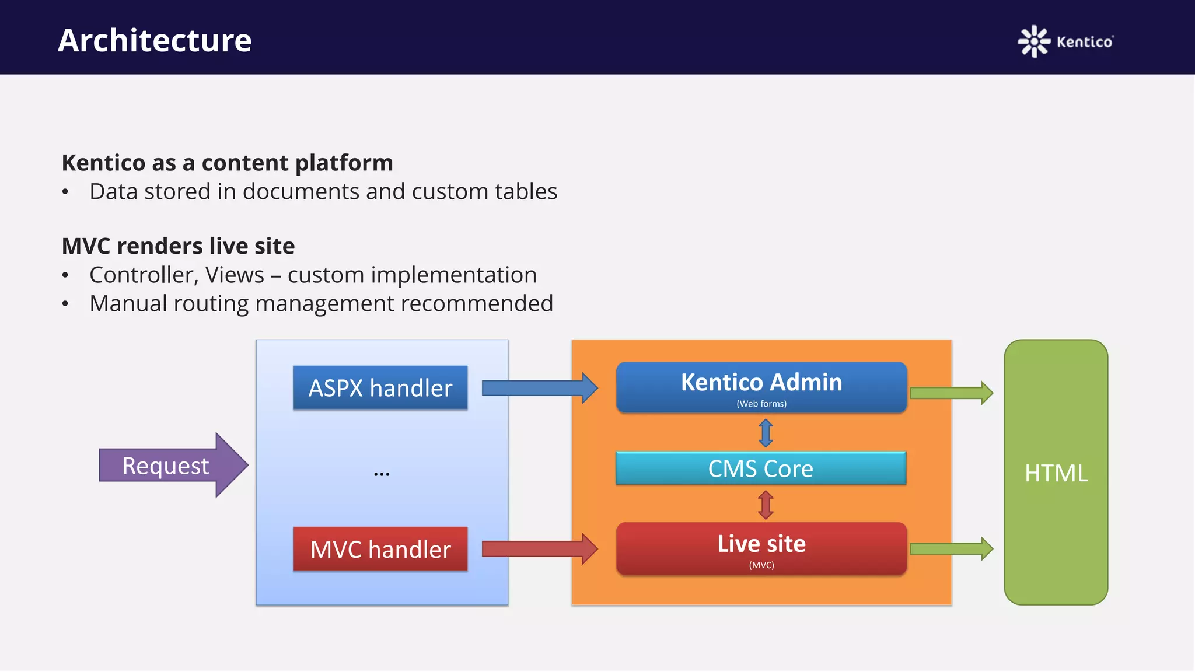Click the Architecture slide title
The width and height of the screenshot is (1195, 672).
155,41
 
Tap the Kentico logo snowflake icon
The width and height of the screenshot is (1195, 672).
1033,41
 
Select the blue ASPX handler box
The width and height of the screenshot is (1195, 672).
380,388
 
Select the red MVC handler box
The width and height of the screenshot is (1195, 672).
380,549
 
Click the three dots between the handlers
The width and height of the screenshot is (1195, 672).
382,474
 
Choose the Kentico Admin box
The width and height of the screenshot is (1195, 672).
761,383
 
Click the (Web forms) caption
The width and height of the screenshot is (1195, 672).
761,404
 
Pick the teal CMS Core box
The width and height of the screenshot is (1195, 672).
761,468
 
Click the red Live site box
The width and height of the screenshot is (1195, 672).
761,544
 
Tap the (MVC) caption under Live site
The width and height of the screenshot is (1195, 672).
761,565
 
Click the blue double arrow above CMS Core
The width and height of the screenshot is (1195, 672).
766,433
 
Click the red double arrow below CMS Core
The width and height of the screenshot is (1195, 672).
766,505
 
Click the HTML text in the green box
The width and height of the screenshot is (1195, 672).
1056,473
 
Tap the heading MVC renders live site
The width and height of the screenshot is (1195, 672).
178,246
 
